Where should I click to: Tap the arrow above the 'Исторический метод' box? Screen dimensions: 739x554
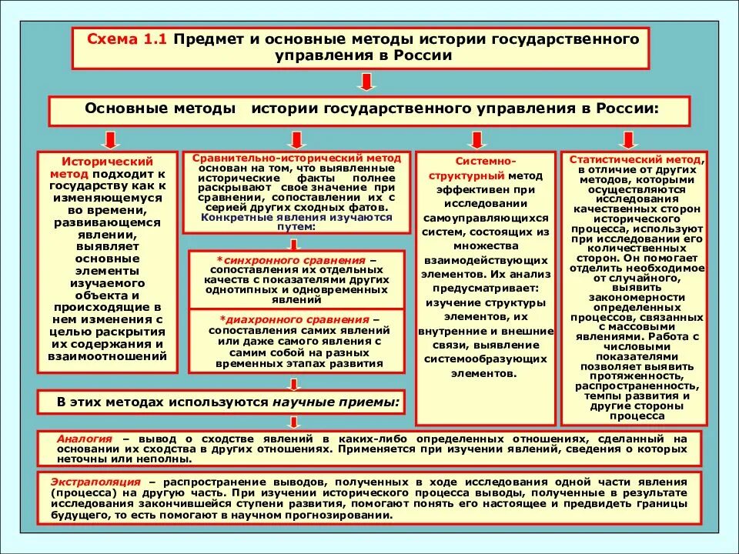click(110, 138)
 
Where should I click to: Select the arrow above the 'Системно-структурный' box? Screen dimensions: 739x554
click(477, 139)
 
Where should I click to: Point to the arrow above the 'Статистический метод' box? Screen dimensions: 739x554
click(629, 139)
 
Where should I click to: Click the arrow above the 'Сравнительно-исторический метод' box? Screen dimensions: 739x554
click(294, 139)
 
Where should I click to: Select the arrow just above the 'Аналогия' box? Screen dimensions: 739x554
click(294, 421)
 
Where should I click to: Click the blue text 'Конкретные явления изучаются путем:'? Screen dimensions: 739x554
click(296, 222)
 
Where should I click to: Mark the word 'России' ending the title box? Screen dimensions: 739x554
click(419, 56)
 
